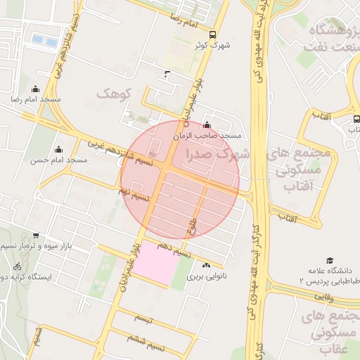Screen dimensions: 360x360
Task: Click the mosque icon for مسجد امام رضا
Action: coord(36,89)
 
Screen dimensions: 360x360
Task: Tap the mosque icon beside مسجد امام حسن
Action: coord(58,149)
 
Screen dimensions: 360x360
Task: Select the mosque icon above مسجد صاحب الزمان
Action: coord(206,125)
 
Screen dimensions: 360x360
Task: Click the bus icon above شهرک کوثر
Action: coord(213,34)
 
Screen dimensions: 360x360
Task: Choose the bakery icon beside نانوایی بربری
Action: coord(206,266)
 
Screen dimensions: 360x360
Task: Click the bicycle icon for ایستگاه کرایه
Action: coord(18,267)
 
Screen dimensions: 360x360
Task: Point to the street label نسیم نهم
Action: coord(134,193)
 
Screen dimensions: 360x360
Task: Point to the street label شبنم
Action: coord(39,331)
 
